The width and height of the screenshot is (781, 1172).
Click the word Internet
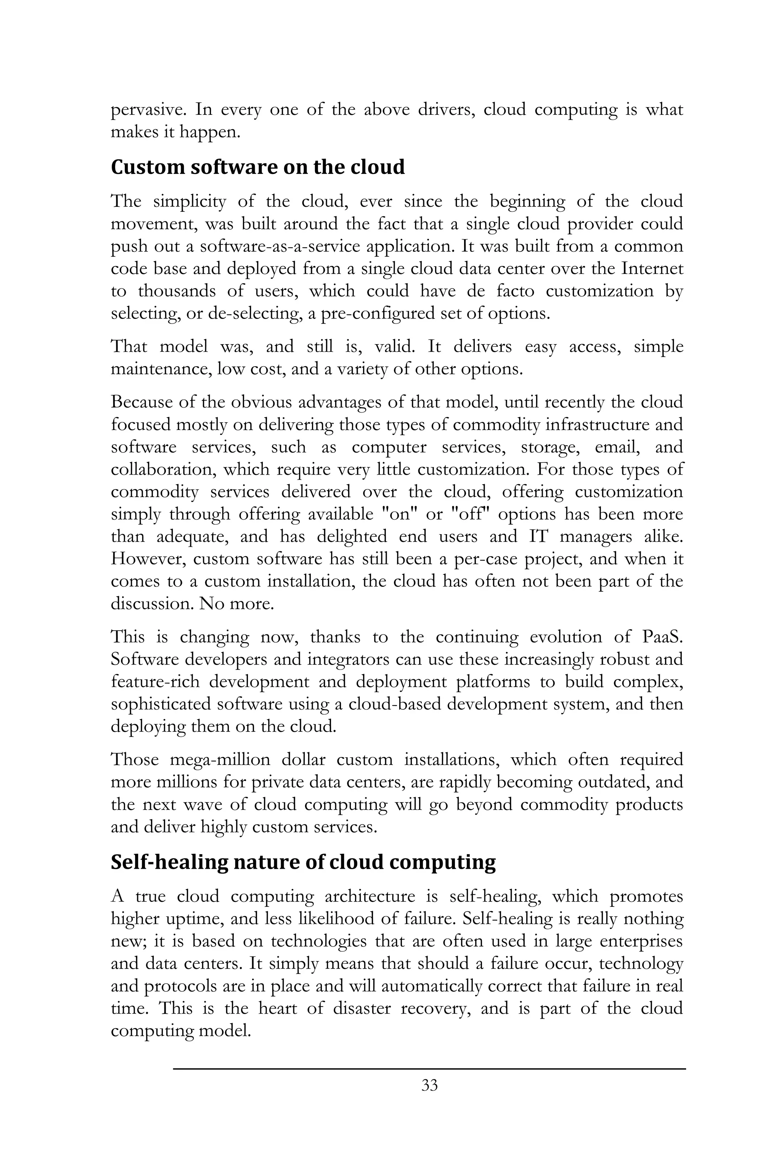652,269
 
